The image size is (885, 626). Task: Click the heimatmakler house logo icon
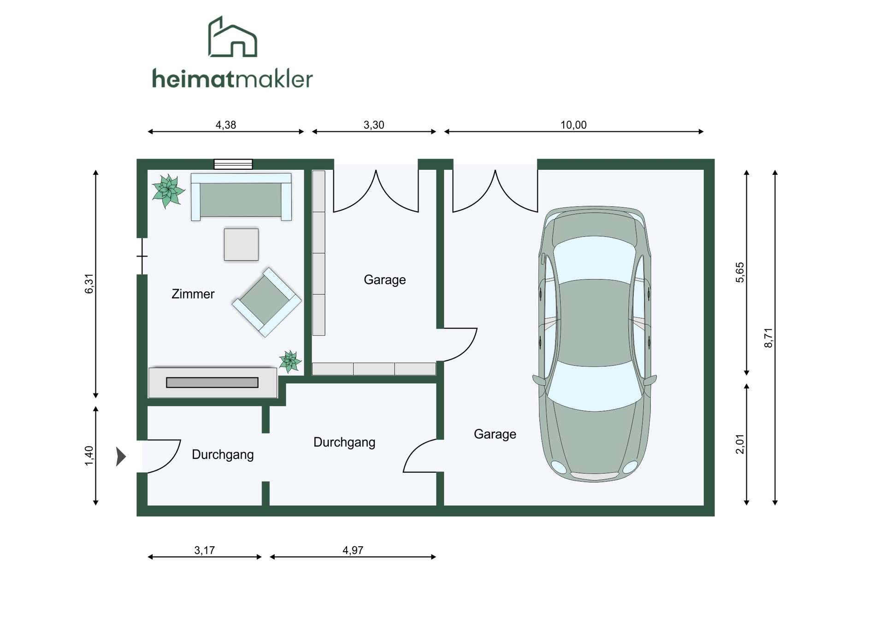pyautogui.click(x=233, y=37)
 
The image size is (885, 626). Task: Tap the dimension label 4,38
pyautogui.click(x=226, y=125)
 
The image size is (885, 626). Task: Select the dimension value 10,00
pyautogui.click(x=573, y=125)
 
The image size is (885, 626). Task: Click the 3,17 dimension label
pyautogui.click(x=204, y=550)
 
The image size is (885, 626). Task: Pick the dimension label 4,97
pyautogui.click(x=353, y=550)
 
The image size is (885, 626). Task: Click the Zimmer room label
pyautogui.click(x=193, y=294)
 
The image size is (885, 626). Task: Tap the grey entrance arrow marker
pyautogui.click(x=121, y=457)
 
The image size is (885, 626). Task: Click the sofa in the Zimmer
pyautogui.click(x=241, y=197)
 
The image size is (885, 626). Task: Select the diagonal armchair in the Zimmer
pyautogui.click(x=266, y=302)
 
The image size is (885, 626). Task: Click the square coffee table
pyautogui.click(x=241, y=244)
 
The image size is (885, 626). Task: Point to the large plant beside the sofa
pyautogui.click(x=168, y=191)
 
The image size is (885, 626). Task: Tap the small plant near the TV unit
pyautogui.click(x=290, y=361)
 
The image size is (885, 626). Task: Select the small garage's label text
pyautogui.click(x=385, y=280)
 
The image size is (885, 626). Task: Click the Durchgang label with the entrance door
pyautogui.click(x=223, y=455)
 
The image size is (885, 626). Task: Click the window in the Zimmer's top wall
pyautogui.click(x=233, y=164)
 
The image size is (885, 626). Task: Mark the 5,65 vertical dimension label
pyautogui.click(x=740, y=272)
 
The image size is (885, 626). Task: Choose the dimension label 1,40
pyautogui.click(x=89, y=456)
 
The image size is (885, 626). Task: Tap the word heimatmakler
pyautogui.click(x=232, y=79)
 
